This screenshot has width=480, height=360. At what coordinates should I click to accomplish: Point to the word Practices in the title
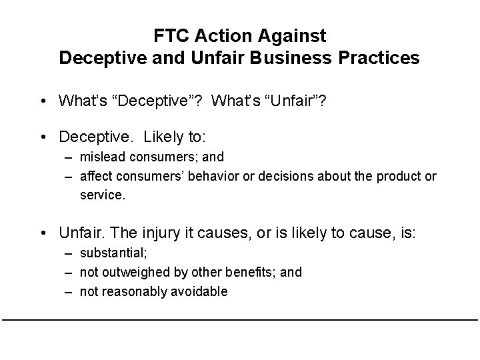(383, 58)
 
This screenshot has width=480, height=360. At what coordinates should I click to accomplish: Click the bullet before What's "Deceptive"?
(42, 101)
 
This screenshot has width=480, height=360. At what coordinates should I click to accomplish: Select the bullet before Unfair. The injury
(42, 233)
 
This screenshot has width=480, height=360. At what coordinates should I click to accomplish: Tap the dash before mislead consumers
(69, 157)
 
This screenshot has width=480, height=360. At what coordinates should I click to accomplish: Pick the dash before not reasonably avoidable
(69, 291)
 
